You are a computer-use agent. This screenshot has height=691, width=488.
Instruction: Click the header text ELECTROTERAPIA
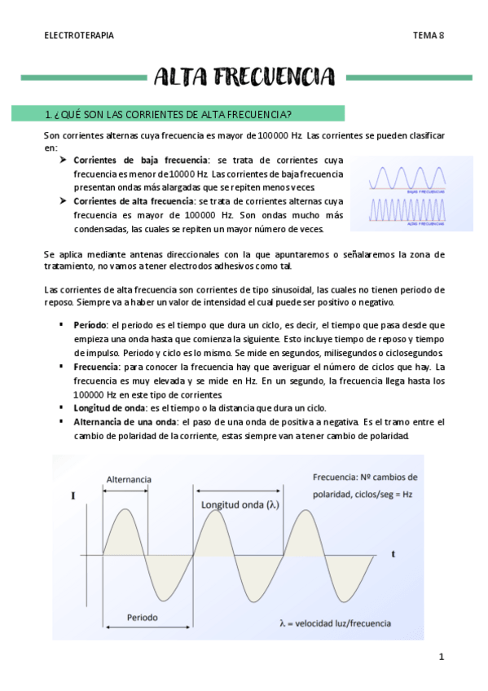coord(78,35)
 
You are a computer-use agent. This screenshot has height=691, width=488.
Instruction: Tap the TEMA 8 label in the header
coord(428,35)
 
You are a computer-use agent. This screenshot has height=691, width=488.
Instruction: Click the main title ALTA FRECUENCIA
coord(244,78)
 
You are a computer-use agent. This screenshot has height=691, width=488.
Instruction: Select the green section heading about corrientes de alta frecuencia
coord(169,112)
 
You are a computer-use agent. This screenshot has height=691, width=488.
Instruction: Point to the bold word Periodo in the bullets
coord(90,325)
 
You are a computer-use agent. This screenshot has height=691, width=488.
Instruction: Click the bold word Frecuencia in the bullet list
coord(96,367)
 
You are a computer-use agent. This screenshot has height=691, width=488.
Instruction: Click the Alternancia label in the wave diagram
coord(129,481)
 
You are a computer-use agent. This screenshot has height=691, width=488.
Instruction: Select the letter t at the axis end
coord(393,553)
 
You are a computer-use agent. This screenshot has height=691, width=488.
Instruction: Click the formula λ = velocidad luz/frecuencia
coord(334,624)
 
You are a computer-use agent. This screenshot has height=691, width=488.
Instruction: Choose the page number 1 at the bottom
coord(441,657)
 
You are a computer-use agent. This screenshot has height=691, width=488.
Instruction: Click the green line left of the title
coord(81,78)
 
